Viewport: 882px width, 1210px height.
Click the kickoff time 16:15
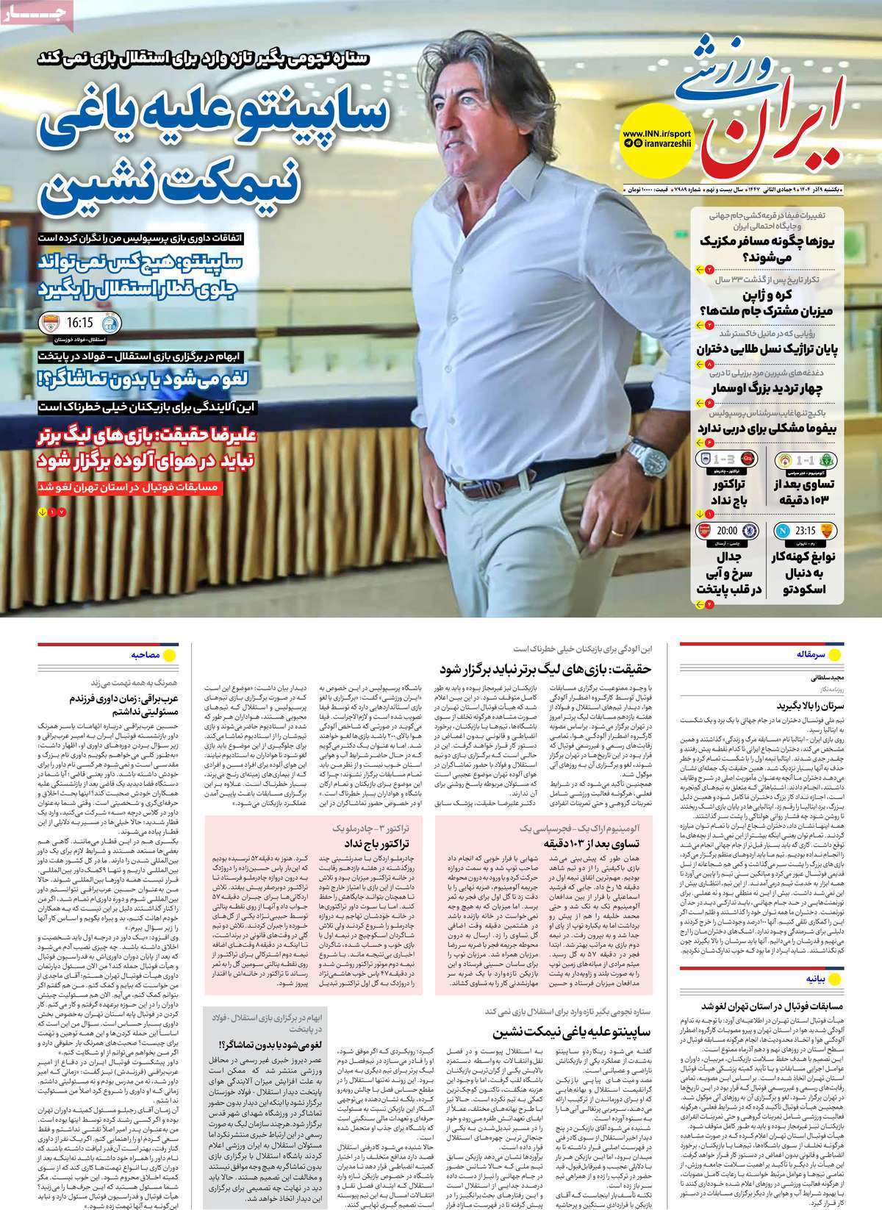[79, 323]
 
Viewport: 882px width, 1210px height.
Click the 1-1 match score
[818, 460]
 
